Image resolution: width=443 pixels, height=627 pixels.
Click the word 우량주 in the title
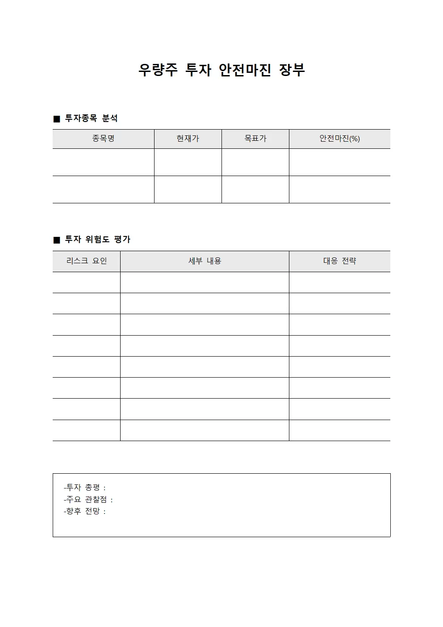click(x=158, y=70)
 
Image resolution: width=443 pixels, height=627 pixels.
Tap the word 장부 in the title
click(x=292, y=70)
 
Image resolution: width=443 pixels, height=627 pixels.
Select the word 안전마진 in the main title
click(x=245, y=70)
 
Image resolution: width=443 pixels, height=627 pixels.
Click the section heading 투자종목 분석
click(x=92, y=118)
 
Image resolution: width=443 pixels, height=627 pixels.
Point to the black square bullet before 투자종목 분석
click(x=57, y=119)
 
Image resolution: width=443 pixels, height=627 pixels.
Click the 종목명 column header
click(x=103, y=139)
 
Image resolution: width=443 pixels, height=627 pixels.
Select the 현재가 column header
click(x=188, y=139)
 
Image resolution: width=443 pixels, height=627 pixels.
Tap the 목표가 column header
click(x=255, y=139)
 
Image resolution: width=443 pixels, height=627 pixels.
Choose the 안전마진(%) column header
click(x=339, y=139)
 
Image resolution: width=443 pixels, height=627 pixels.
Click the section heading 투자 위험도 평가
click(x=98, y=240)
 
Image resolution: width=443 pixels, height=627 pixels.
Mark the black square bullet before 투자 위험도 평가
click(x=57, y=240)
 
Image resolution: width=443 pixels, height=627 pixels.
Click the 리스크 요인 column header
click(x=87, y=261)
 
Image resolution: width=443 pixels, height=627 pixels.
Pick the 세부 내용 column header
click(x=205, y=261)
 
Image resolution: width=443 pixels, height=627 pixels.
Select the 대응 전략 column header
click(x=339, y=261)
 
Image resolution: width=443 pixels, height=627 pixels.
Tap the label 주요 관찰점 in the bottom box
click(x=88, y=500)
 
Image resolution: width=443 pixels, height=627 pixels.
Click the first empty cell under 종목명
click(x=103, y=162)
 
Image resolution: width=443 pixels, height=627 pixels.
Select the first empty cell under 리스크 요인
click(x=87, y=282)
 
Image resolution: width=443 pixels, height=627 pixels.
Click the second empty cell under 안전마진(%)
click(x=339, y=189)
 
